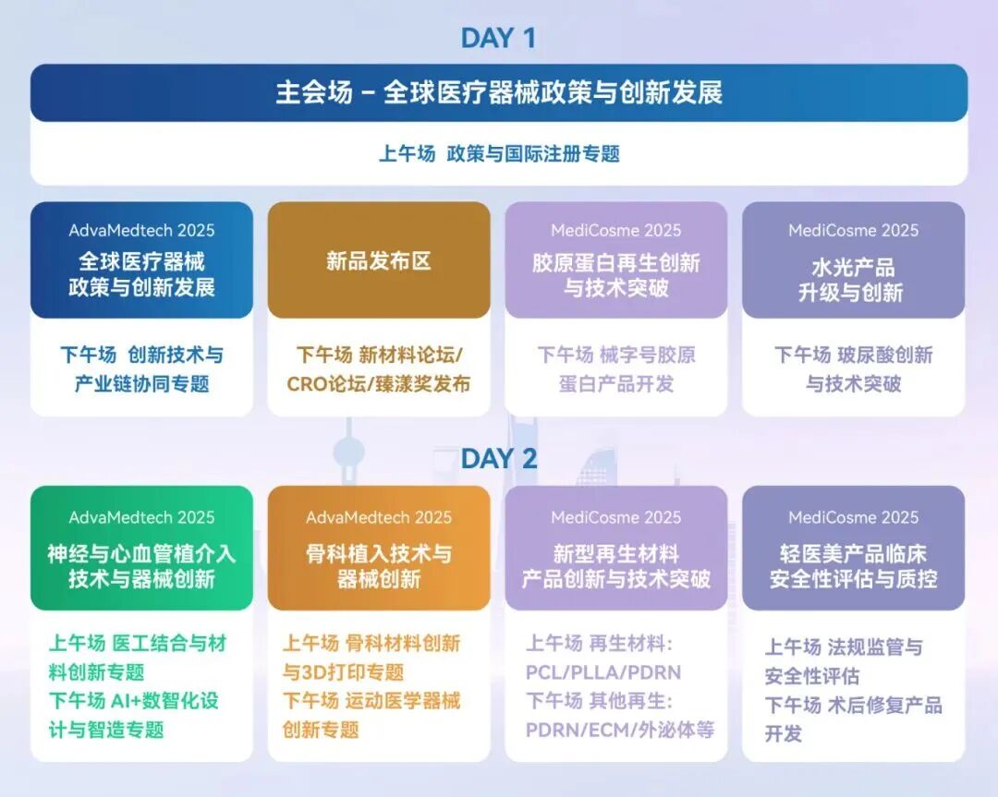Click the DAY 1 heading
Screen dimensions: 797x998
[498, 38]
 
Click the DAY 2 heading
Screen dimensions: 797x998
[498, 458]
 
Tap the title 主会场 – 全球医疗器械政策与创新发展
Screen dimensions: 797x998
[499, 93]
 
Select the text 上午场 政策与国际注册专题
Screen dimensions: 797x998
[499, 153]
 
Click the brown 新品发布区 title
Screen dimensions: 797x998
[379, 261]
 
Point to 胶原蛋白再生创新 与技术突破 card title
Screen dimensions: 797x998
[616, 275]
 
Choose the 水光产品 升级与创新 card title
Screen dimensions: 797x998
[853, 280]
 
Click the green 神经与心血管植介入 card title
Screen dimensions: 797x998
[141, 566]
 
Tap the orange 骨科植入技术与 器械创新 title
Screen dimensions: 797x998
[379, 566]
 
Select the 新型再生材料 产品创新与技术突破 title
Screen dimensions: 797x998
[616, 566]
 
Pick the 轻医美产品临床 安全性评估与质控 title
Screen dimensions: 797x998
[853, 566]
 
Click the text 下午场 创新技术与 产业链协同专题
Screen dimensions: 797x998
[141, 369]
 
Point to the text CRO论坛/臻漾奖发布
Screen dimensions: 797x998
[379, 384]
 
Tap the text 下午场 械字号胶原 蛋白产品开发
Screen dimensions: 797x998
[616, 369]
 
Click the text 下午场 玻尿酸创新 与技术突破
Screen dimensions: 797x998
[853, 369]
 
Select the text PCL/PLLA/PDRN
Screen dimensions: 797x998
[602, 671]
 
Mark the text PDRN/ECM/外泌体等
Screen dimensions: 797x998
[620, 730]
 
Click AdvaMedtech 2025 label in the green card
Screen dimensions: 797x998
[141, 517]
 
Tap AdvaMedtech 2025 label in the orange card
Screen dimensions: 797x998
[379, 517]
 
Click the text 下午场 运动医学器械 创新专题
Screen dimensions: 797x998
[371, 715]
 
